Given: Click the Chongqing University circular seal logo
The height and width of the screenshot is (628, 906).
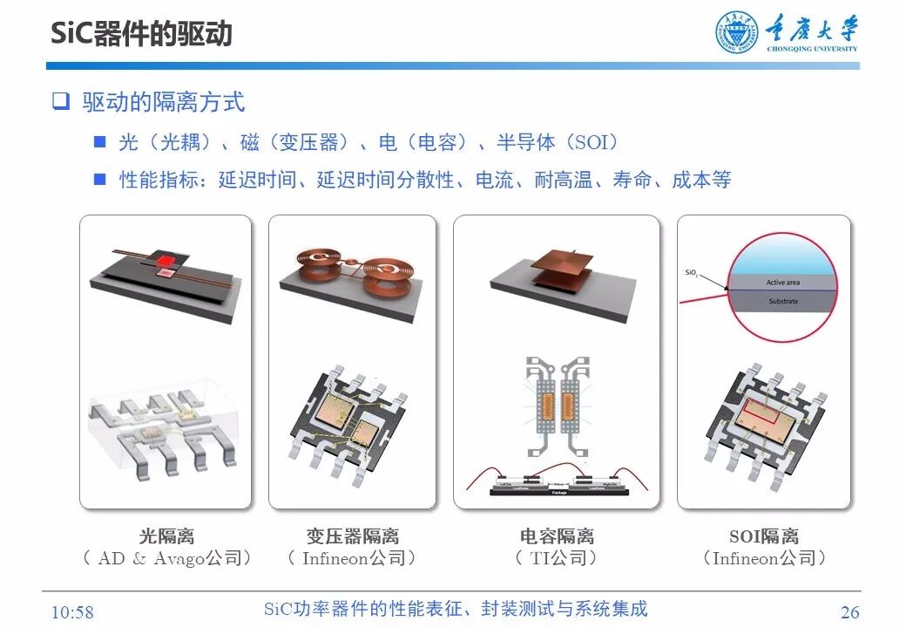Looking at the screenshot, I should tap(738, 33).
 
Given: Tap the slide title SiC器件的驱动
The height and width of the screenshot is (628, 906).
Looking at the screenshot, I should tap(141, 33).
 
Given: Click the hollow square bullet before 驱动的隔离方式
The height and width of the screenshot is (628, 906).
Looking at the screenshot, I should tap(60, 101).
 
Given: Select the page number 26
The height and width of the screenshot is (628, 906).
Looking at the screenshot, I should tap(849, 612).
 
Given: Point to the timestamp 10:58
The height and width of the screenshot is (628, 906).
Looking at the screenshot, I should tap(72, 612).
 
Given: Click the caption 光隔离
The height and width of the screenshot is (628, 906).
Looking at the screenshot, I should tap(166, 536).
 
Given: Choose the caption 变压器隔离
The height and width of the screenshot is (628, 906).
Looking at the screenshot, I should tap(352, 536).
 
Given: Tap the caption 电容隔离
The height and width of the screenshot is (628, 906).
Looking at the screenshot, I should tap(557, 536).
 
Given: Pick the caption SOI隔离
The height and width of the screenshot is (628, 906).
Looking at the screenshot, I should tap(763, 536).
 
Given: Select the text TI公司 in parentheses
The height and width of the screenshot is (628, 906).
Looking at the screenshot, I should tap(558, 558).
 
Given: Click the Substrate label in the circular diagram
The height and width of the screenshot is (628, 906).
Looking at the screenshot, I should tap(782, 302).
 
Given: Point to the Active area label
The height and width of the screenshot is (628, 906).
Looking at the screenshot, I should tap(782, 283).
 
